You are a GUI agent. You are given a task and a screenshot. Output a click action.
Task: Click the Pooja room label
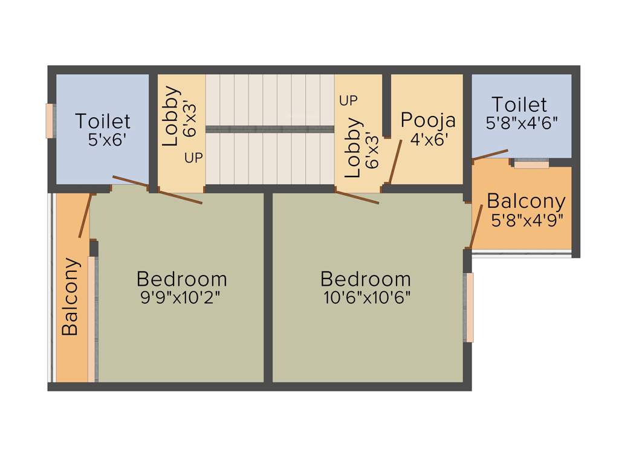[428, 120]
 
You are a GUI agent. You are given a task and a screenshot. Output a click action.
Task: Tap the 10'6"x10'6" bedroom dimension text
[366, 297]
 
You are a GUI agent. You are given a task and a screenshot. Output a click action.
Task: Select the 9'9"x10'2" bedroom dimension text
[182, 297]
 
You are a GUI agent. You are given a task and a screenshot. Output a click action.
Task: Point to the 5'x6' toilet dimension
[107, 141]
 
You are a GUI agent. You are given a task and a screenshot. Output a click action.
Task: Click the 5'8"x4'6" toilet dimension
[522, 122]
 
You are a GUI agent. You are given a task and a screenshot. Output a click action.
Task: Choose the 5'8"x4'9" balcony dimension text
[527, 220]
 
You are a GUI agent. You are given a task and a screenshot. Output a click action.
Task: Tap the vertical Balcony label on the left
[71, 297]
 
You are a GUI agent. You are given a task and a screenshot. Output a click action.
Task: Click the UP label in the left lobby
[194, 158]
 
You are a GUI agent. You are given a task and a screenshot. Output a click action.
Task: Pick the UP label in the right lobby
[348, 101]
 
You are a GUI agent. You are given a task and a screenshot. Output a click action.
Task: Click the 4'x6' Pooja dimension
[429, 140]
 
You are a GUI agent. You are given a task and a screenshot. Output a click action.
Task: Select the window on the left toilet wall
[51, 121]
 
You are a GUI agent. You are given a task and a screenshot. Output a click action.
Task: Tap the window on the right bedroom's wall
[469, 308]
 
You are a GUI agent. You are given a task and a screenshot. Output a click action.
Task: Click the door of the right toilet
[490, 155]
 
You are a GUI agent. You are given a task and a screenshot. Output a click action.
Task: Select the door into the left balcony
[85, 216]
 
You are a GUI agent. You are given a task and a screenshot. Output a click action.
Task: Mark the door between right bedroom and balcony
[476, 227]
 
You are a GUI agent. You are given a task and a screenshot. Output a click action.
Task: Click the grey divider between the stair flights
[270, 129]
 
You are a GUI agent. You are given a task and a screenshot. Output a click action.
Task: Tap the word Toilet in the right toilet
[519, 105]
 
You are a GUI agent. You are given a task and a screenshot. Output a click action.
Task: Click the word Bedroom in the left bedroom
[182, 279]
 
